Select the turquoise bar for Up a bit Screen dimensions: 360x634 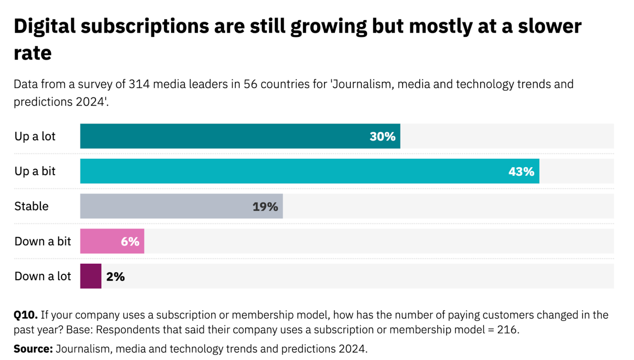[293, 171]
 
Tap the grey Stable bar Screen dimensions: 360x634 [166, 206]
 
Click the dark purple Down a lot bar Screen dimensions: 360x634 [91, 276]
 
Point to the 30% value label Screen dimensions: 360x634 [382, 137]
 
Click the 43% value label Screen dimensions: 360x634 [521, 171]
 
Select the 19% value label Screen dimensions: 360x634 [265, 207]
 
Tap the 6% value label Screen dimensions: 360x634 [130, 242]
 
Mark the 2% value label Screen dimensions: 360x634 [115, 276]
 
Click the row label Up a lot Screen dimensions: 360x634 [35, 137]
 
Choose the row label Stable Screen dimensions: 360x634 [31, 206]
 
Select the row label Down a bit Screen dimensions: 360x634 [42, 241]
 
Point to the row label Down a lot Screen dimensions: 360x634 [42, 276]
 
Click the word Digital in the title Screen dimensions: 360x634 [44, 27]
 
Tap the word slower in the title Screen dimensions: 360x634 [550, 27]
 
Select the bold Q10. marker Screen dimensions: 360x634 [25, 315]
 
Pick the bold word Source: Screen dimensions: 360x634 [33, 349]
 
